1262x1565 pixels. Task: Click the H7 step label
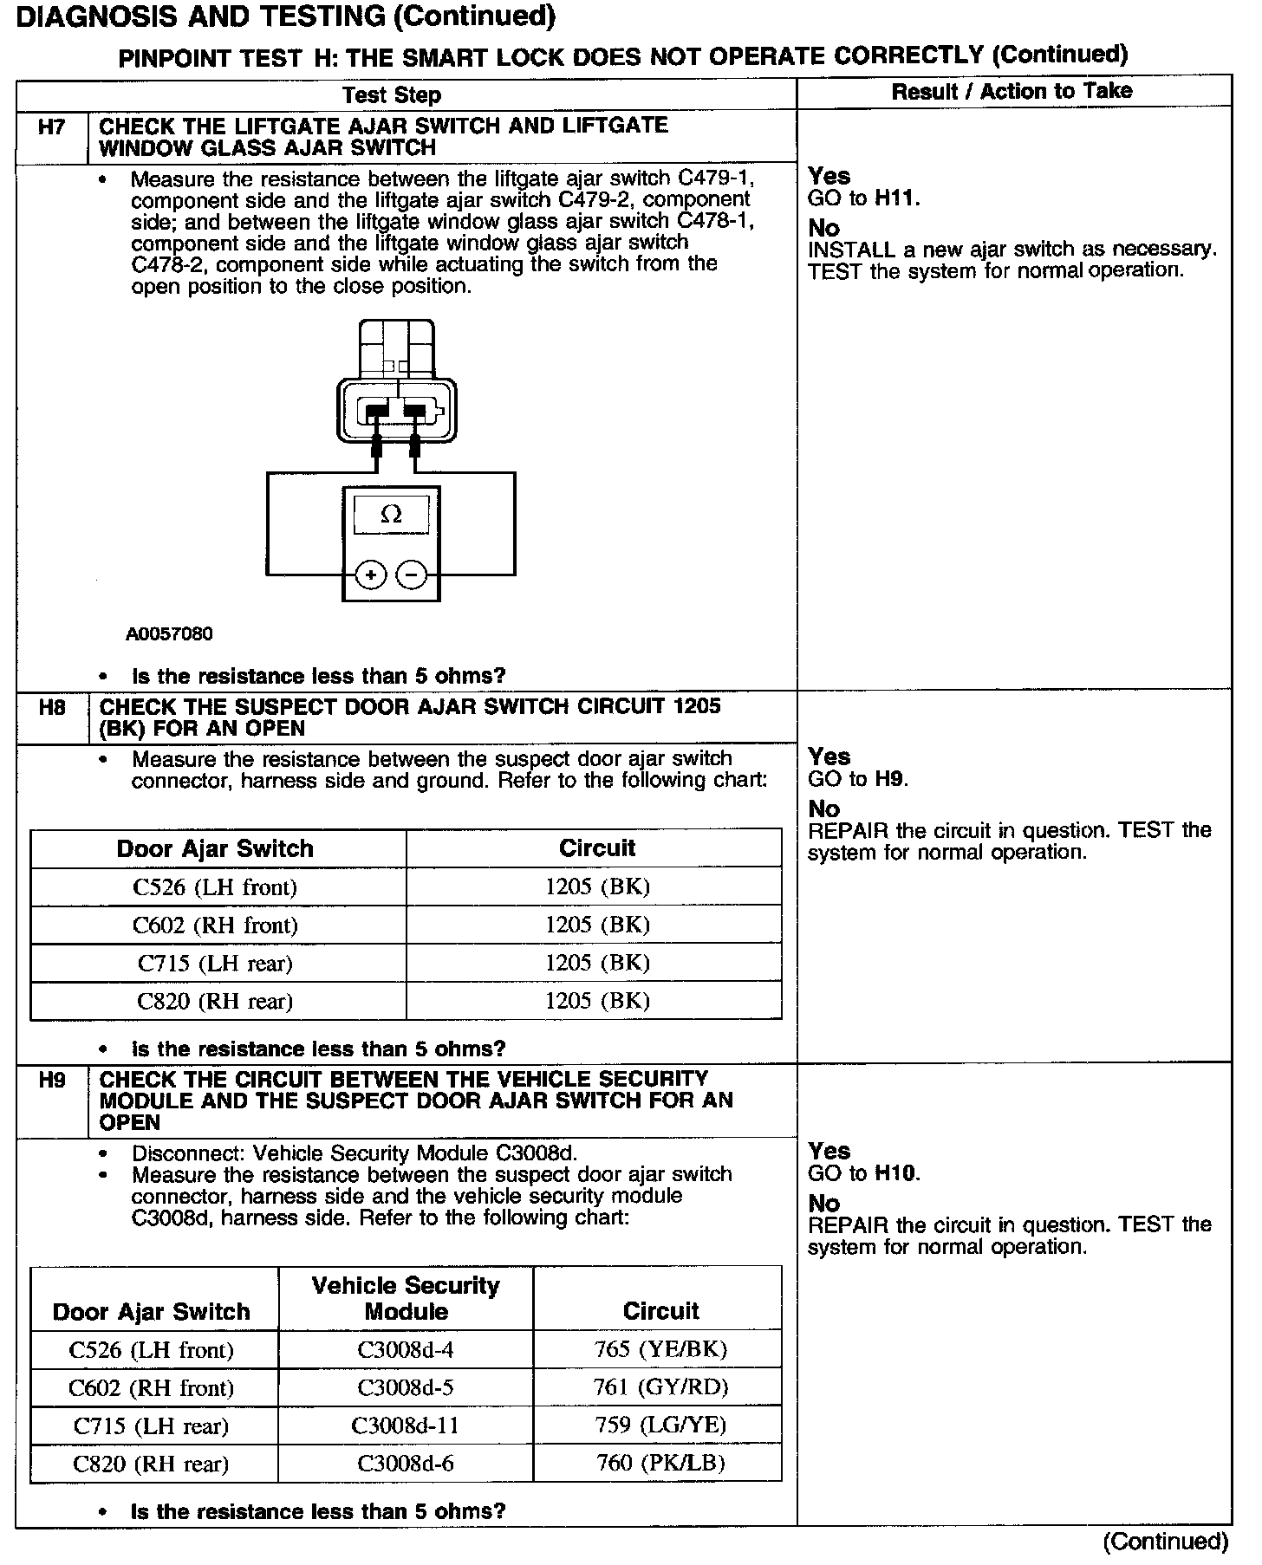click(51, 127)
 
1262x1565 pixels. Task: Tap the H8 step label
click(52, 707)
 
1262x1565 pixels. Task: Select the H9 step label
click(52, 1081)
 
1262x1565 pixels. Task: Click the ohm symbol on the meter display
click(391, 515)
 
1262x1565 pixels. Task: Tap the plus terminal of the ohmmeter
click(371, 575)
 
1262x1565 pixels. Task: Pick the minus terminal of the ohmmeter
click(411, 575)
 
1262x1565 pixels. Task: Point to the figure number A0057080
click(169, 634)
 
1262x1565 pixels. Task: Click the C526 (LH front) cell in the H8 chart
click(215, 887)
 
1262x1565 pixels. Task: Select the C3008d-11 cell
click(406, 1425)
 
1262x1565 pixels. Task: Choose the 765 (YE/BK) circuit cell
click(660, 1349)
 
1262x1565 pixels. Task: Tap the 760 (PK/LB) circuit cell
click(660, 1464)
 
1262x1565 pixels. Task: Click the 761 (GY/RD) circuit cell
click(660, 1387)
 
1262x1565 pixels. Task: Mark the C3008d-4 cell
click(406, 1349)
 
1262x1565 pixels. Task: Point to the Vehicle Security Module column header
click(406, 1298)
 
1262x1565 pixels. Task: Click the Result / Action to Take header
click(1012, 91)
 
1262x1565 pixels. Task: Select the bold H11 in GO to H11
click(895, 198)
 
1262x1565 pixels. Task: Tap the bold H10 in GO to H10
click(895, 1173)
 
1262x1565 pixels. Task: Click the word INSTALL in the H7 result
click(850, 250)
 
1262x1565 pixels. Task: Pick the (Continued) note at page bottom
click(1165, 1542)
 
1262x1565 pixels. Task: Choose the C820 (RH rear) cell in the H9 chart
click(151, 1464)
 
